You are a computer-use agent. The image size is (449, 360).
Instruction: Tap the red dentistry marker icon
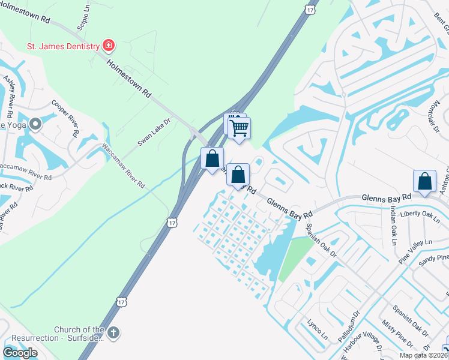(109, 45)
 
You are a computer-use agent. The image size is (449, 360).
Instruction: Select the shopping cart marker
(240, 127)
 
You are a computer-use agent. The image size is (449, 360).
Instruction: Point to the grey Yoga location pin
(35, 124)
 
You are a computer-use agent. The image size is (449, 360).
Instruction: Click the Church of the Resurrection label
(79, 334)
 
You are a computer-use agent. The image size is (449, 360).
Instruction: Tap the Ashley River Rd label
(8, 97)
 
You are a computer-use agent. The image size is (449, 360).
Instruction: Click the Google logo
(20, 353)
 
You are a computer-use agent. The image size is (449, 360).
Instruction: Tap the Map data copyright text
(424, 355)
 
